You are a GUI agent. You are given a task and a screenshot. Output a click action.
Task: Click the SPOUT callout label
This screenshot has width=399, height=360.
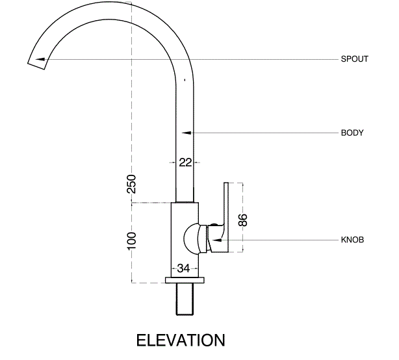354,59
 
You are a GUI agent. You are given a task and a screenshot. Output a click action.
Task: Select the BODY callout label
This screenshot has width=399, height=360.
352,133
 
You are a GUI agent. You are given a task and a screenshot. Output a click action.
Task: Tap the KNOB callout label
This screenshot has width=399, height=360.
352,240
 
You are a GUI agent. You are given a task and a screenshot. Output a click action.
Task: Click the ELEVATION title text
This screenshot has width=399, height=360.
181,341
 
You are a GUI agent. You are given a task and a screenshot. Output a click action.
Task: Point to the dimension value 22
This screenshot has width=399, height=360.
185,162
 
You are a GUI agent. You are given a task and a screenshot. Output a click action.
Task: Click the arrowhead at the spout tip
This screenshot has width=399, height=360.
40,59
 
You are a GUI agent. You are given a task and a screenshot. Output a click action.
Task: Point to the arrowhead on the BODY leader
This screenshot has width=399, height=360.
187,133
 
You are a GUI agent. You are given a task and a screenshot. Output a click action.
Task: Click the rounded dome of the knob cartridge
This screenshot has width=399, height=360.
190,239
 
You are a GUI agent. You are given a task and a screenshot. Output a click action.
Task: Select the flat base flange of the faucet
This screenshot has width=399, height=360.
185,280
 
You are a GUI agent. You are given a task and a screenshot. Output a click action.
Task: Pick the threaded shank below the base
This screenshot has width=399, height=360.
185,300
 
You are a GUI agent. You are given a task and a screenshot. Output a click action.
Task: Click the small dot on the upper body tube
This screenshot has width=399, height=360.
185,81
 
